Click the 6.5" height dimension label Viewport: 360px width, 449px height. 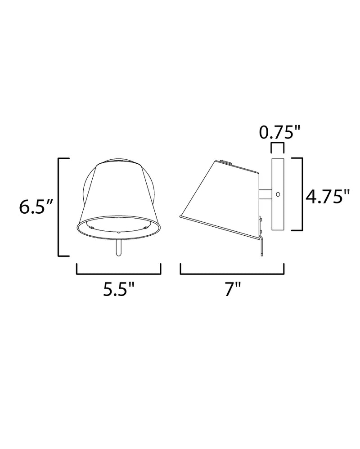(x=36, y=207)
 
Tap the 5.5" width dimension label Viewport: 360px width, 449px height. (x=118, y=289)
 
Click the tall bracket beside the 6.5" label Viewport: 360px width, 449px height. (x=59, y=207)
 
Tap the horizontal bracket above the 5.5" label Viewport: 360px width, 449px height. (x=118, y=274)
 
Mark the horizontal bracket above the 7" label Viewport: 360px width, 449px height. (x=232, y=274)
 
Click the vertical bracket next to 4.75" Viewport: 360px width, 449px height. (x=302, y=194)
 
